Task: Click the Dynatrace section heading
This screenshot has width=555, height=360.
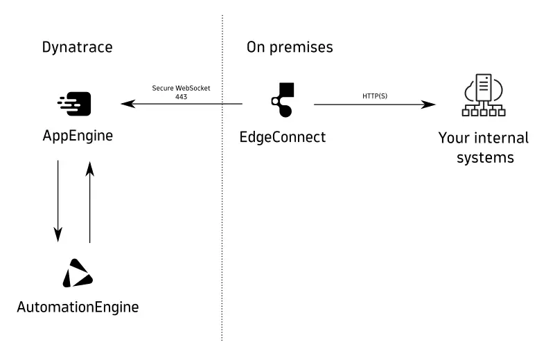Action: coord(77,47)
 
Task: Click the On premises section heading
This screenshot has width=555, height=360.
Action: coord(290,47)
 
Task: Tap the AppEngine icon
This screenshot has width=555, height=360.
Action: coord(76,104)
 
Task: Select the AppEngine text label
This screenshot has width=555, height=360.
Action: coord(78,136)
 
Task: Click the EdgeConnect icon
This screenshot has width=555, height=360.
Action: coord(283,101)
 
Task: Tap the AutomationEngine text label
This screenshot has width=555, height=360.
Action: coord(78,306)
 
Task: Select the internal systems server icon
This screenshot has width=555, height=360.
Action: coord(483,98)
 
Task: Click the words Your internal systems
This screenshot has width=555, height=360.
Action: coord(483,147)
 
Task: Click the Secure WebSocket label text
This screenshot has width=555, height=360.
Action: coord(181,88)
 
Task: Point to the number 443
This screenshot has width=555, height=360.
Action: coord(181,96)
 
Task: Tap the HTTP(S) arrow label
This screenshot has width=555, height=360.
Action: coord(374,95)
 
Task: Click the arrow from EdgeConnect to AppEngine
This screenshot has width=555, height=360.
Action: coord(182,105)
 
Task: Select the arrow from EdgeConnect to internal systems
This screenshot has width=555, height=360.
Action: coord(374,105)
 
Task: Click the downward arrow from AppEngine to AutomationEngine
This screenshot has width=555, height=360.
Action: coord(58,201)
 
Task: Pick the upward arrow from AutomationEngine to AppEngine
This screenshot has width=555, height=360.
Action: coord(89,201)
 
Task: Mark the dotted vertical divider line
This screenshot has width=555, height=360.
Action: coord(222,208)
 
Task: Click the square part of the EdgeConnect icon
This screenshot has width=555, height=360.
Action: coord(287,90)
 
